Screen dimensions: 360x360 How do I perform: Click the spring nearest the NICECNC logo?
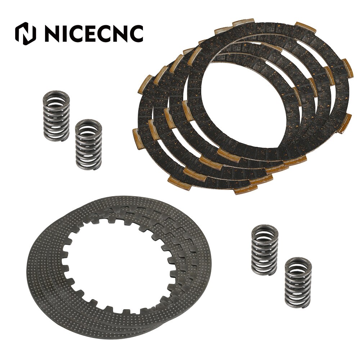(57, 115)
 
